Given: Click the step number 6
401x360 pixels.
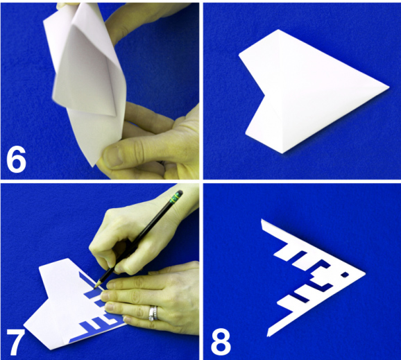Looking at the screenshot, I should tap(16, 159).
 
